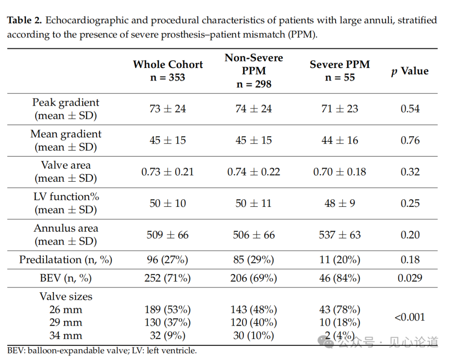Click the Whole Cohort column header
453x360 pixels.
tap(168, 71)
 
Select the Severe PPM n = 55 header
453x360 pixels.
tap(340, 71)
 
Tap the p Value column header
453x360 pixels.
tap(410, 71)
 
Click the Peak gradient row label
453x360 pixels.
tap(65, 109)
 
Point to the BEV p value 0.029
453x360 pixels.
tap(410, 278)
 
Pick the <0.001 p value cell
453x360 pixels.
tap(410, 317)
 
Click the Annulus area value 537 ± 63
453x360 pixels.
tap(340, 235)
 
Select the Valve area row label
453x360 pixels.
tap(65, 172)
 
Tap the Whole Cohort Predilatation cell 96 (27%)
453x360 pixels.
tap(167, 259)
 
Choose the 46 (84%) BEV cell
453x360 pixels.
tap(340, 278)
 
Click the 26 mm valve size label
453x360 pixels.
tap(65, 309)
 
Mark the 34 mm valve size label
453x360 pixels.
tap(65, 335)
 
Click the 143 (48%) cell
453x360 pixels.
tap(254, 309)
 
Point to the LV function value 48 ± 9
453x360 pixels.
tap(340, 203)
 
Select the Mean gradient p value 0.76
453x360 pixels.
tap(410, 140)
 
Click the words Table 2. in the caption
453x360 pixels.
tap(25, 20)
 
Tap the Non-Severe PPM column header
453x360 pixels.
tap(254, 71)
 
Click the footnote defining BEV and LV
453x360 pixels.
tap(102, 350)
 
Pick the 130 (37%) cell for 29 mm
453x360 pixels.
tap(167, 322)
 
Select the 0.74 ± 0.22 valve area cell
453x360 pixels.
tap(254, 172)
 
